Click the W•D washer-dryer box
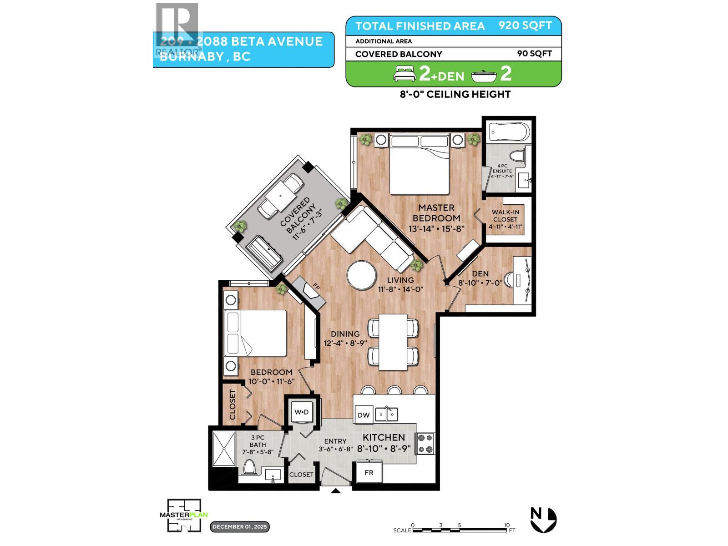(301, 412)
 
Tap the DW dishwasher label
(363, 415)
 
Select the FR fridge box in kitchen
(369, 473)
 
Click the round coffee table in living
(361, 275)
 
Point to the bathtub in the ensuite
(509, 133)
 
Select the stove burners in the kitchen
(426, 444)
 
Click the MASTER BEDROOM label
(439, 213)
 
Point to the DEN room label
(480, 273)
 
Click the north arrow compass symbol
(544, 519)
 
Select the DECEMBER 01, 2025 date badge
(240, 527)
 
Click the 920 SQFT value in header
(525, 25)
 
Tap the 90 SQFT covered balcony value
(534, 54)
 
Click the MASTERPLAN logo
(184, 515)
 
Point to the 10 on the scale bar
(506, 525)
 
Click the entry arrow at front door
(336, 491)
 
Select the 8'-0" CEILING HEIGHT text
(453, 94)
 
